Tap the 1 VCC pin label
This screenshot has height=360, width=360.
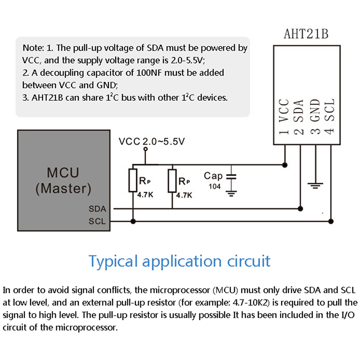(x=283, y=118)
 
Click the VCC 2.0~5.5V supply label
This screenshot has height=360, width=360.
(x=152, y=142)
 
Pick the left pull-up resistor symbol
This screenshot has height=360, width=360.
(x=133, y=180)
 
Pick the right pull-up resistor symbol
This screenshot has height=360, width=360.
(x=172, y=180)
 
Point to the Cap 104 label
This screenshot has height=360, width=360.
(x=213, y=180)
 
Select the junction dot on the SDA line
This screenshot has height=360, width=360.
(x=300, y=208)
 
